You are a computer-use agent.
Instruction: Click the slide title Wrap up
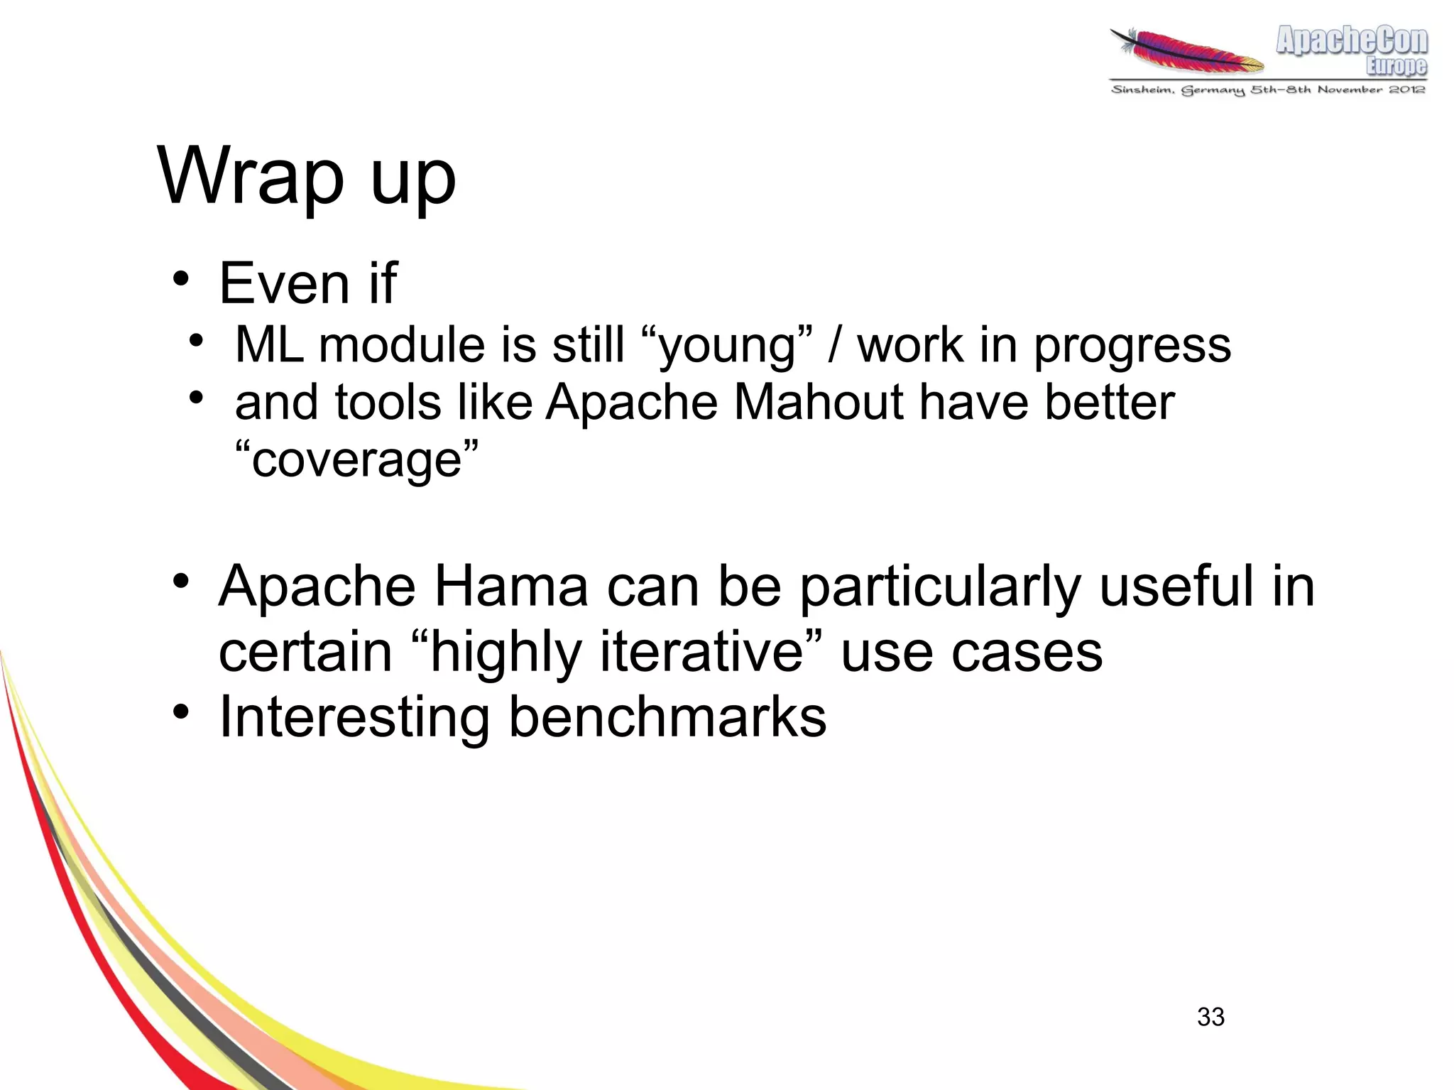pos(306,177)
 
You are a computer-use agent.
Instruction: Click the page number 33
pos(1210,1017)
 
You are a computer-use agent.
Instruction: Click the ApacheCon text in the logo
pos(1351,40)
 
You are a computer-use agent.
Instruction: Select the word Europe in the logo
pos(1396,66)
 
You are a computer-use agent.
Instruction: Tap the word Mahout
pos(819,403)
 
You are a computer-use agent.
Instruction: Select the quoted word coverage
pos(356,460)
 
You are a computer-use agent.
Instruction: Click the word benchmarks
pos(667,717)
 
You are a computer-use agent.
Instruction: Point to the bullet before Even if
pos(181,279)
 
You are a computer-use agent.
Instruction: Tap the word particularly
pos(939,588)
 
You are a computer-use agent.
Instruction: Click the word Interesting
pos(354,717)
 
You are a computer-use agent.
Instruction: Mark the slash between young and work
pos(835,346)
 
